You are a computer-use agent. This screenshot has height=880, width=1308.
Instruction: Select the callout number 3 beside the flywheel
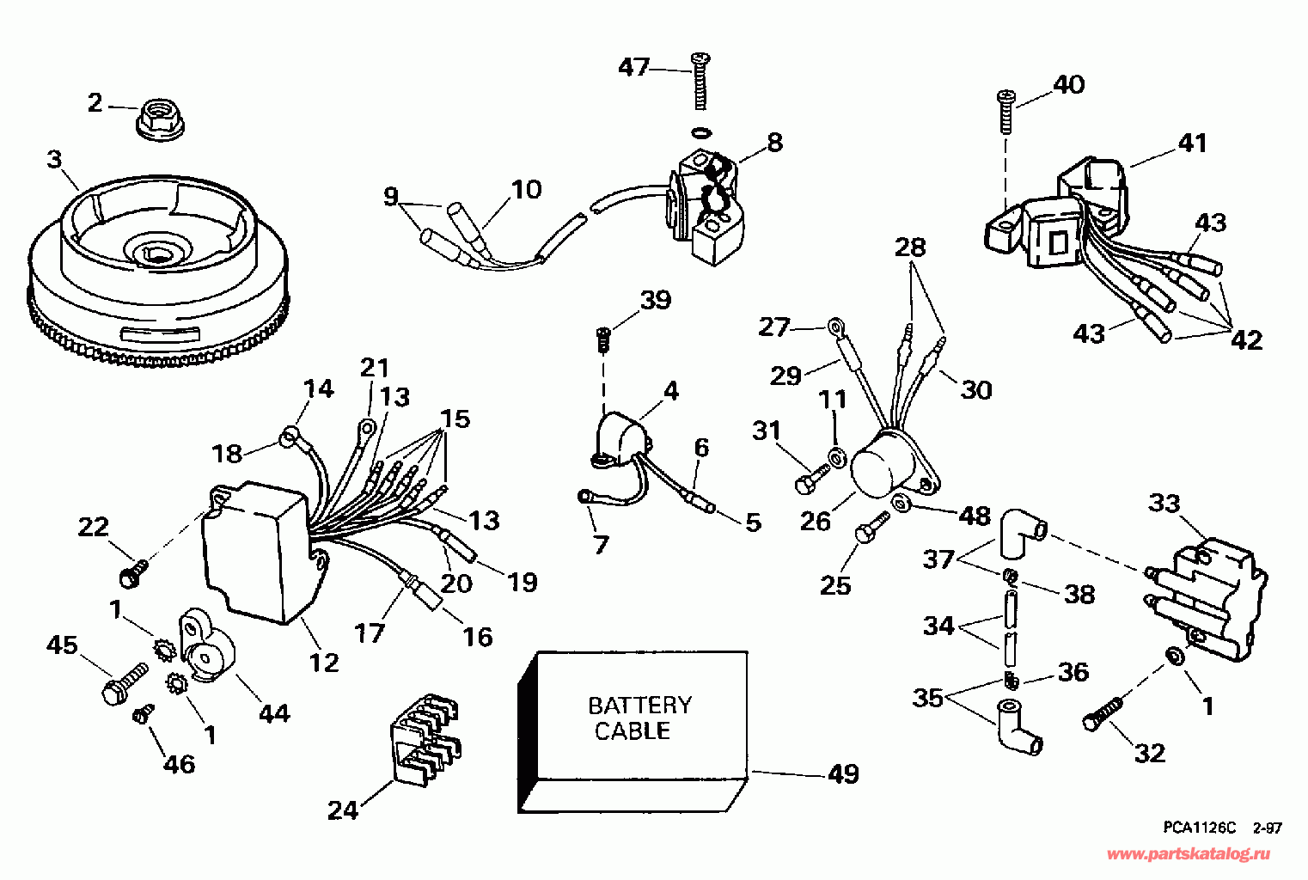tap(54, 158)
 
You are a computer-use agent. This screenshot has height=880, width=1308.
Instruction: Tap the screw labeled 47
tap(700, 81)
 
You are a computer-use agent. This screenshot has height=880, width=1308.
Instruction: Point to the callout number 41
tap(1191, 144)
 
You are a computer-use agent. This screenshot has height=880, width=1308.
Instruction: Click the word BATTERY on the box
tap(639, 706)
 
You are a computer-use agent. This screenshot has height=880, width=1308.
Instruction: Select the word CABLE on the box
tap(633, 731)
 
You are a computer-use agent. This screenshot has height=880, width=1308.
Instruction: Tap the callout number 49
tap(843, 773)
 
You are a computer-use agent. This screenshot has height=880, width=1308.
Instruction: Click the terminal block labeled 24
tap(425, 738)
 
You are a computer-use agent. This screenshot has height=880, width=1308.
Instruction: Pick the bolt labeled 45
tap(125, 682)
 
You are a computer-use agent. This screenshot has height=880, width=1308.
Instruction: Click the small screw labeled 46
tap(143, 713)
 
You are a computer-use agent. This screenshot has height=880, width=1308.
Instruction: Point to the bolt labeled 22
tap(134, 572)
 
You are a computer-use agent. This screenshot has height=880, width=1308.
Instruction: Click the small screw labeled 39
tap(603, 340)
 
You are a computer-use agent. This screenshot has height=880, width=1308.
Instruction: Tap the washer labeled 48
tap(902, 502)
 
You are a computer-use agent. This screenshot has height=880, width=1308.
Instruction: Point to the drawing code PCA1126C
tap(1200, 828)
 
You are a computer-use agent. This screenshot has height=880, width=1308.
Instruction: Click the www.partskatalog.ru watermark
tap(1189, 855)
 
